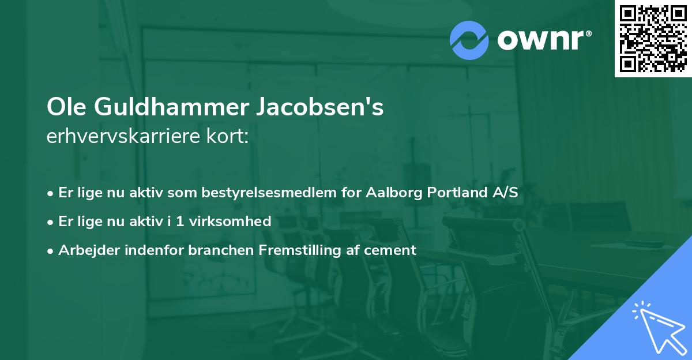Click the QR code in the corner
pyautogui.click(x=653, y=39)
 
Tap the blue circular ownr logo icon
pyautogui.click(x=469, y=40)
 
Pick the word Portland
pyautogui.click(x=457, y=193)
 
